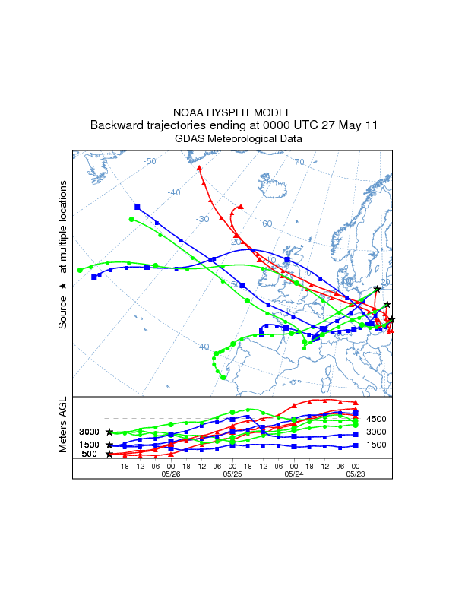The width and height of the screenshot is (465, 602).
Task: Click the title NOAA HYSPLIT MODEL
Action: [232, 112]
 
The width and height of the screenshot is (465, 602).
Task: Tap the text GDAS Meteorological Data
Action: [239, 139]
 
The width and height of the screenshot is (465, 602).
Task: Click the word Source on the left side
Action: [63, 312]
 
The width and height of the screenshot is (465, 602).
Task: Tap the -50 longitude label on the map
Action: [150, 161]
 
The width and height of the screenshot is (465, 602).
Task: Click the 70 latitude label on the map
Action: [299, 162]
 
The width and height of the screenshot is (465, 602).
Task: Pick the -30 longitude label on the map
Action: [202, 219]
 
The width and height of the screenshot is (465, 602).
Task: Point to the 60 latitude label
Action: [267, 223]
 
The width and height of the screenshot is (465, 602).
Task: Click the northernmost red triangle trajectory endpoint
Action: [199, 168]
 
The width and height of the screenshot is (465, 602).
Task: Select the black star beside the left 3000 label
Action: [109, 432]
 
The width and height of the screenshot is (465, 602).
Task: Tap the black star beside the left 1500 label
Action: [109, 445]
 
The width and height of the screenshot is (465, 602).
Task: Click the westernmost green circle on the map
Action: [80, 270]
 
